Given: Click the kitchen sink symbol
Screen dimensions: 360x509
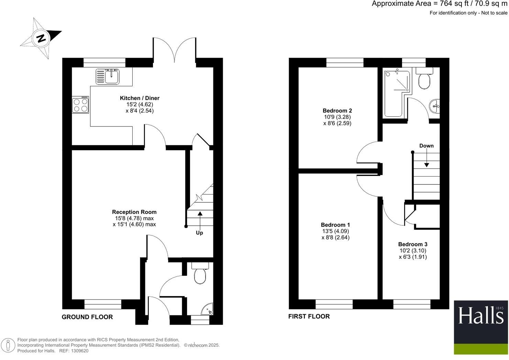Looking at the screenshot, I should [x=108, y=76].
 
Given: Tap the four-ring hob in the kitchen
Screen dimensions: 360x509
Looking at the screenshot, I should [x=80, y=105].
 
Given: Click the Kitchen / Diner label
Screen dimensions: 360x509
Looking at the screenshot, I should [x=140, y=98].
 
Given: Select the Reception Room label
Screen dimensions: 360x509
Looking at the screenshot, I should [x=134, y=212].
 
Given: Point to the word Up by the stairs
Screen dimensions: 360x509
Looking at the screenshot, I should [x=199, y=233].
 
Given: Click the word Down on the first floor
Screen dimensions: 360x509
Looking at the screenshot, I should [x=426, y=146].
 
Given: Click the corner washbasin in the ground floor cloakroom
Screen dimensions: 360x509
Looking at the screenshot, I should [x=208, y=310].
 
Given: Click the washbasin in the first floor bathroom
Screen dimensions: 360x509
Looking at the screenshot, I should [x=435, y=105].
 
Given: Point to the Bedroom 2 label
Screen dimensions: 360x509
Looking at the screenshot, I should [x=337, y=111].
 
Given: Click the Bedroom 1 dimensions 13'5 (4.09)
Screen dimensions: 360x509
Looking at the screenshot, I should [x=335, y=231].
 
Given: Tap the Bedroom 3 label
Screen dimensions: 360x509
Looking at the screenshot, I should [x=413, y=244].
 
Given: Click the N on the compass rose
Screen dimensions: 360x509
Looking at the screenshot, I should [x=42, y=38].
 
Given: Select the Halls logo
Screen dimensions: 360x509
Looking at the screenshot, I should [x=480, y=327].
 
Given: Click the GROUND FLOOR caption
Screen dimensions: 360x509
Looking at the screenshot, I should [x=87, y=317].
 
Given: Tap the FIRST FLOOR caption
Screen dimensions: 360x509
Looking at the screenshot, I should [x=309, y=316].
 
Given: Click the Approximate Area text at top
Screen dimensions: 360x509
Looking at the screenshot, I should [x=439, y=4].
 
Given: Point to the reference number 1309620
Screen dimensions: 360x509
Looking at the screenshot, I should [x=79, y=351].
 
